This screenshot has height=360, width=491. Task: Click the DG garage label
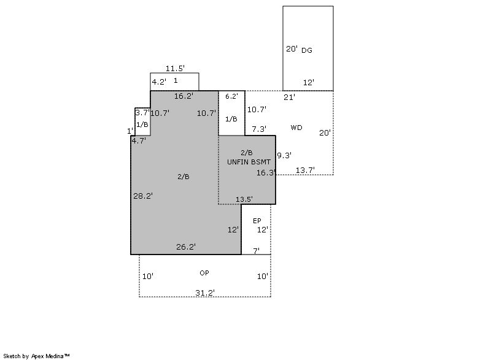pyautogui.click(x=306, y=50)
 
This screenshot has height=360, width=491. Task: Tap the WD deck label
pyautogui.click(x=296, y=128)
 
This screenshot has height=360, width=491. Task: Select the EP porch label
pyautogui.click(x=257, y=221)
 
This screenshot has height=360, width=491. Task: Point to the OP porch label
pyautogui.click(x=204, y=273)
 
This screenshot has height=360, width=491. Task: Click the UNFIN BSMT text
pyautogui.click(x=249, y=162)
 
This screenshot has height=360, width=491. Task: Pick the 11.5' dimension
pyautogui.click(x=175, y=68)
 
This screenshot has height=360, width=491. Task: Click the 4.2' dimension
pyautogui.click(x=159, y=82)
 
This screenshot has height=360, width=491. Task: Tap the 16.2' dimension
pyautogui.click(x=184, y=96)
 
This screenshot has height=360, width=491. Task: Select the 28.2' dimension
pyautogui.click(x=143, y=196)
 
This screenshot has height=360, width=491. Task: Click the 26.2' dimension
pyautogui.click(x=186, y=247)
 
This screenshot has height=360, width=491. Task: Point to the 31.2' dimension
pyautogui.click(x=205, y=293)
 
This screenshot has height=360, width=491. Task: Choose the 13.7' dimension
pyautogui.click(x=305, y=170)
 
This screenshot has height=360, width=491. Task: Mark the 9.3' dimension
pyautogui.click(x=284, y=155)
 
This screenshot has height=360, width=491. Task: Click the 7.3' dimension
pyautogui.click(x=259, y=129)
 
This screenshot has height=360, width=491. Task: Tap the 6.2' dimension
pyautogui.click(x=231, y=96)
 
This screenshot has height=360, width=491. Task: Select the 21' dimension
pyautogui.click(x=289, y=98)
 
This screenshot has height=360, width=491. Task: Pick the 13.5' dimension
pyautogui.click(x=244, y=199)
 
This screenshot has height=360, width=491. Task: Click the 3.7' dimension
pyautogui.click(x=142, y=113)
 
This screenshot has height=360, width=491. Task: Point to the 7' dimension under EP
pyautogui.click(x=256, y=251)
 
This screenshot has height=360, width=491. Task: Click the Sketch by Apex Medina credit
pyautogui.click(x=36, y=356)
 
